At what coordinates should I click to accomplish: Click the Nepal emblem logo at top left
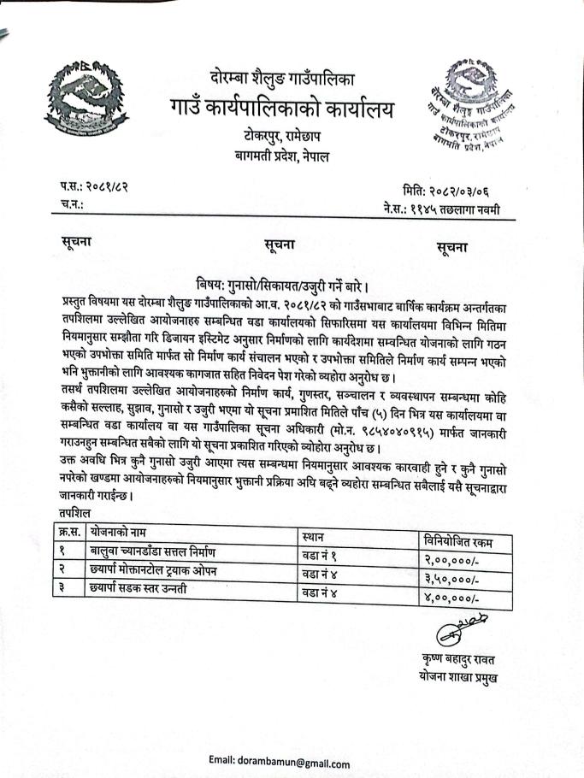click(x=84, y=102)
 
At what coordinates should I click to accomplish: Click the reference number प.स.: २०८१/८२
click(x=94, y=187)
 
